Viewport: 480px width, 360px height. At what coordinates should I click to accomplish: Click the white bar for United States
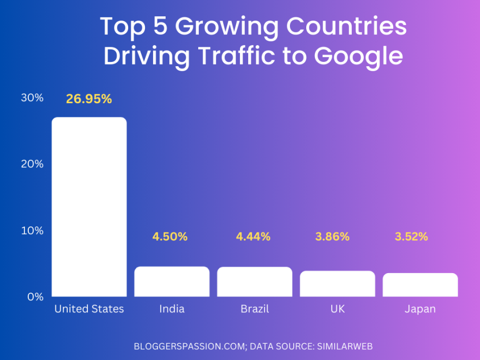click(89, 207)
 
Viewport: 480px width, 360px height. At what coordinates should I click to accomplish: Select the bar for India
click(172, 281)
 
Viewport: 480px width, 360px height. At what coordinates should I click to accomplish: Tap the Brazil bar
click(255, 282)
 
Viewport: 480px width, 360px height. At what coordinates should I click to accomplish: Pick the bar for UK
click(337, 283)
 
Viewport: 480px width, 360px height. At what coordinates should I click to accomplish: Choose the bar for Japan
click(420, 285)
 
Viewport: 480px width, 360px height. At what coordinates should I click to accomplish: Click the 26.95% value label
click(89, 99)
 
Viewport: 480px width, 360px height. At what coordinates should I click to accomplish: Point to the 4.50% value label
click(170, 237)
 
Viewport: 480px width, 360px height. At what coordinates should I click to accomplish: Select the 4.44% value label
click(253, 237)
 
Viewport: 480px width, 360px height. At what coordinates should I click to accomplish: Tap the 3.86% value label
click(332, 237)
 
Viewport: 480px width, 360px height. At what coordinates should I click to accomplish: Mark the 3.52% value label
click(411, 237)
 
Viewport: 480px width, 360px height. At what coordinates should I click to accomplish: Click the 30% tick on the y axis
click(32, 98)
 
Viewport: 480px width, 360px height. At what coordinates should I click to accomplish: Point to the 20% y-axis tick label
click(32, 164)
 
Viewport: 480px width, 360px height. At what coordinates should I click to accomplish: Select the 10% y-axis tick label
click(32, 231)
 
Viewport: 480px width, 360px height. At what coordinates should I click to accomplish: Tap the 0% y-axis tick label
click(35, 297)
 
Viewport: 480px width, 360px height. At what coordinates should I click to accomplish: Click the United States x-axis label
click(89, 309)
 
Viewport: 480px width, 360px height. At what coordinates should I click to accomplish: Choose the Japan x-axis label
click(420, 309)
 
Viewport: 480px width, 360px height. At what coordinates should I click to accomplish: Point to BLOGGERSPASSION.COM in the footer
click(188, 345)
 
